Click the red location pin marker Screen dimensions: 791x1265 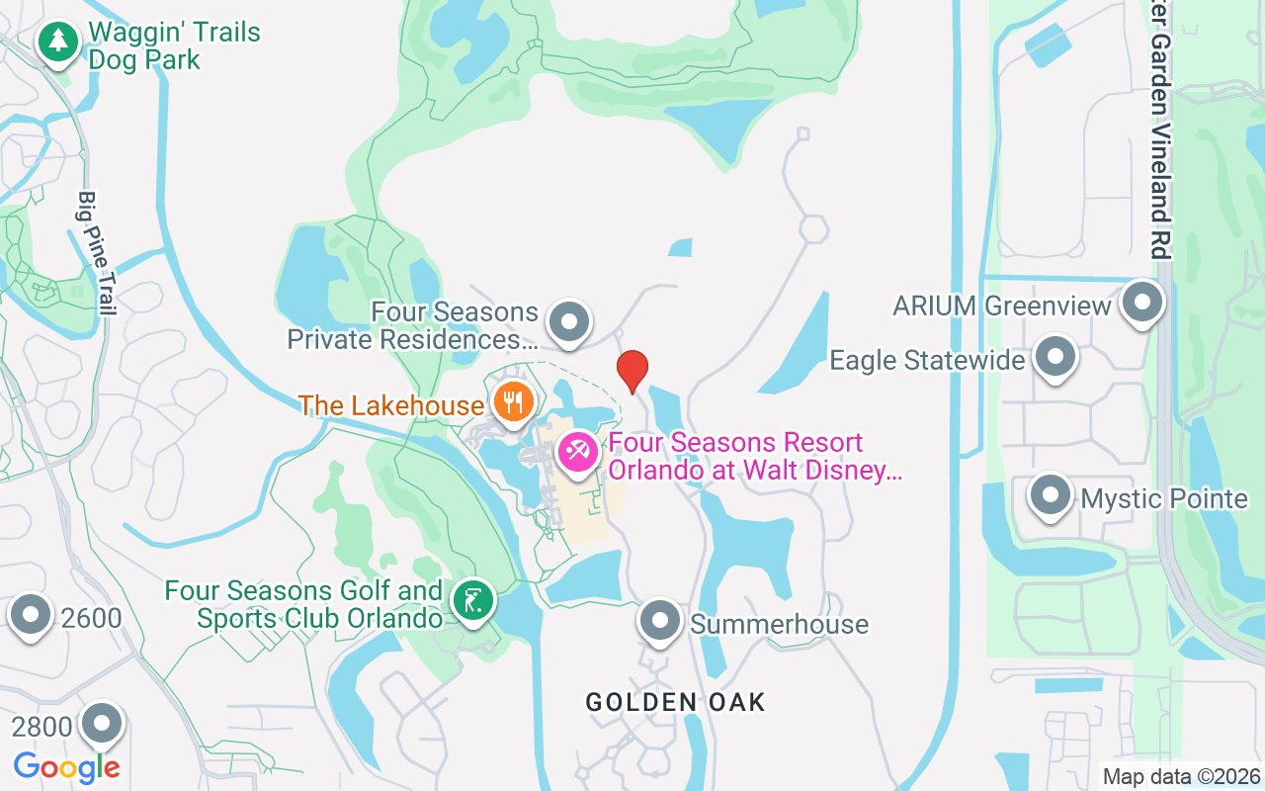632,370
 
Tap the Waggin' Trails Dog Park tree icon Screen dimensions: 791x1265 59,43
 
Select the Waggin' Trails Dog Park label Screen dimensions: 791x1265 174,45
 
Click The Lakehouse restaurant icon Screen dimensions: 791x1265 513,402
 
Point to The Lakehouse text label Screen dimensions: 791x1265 391,404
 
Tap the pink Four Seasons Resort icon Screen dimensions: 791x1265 577,453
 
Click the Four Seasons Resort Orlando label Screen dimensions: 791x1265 755,456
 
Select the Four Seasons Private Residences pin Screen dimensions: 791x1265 568,322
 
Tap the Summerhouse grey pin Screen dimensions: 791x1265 659,621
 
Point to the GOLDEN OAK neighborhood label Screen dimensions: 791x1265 675,702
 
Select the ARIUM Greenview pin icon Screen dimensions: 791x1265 1143,303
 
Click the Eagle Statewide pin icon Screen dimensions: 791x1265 1054,356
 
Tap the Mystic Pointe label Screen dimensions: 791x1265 1164,498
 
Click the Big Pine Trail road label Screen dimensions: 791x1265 97,253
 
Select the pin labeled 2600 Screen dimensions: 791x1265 32,615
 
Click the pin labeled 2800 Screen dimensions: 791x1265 102,724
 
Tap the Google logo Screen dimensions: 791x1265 67,766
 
